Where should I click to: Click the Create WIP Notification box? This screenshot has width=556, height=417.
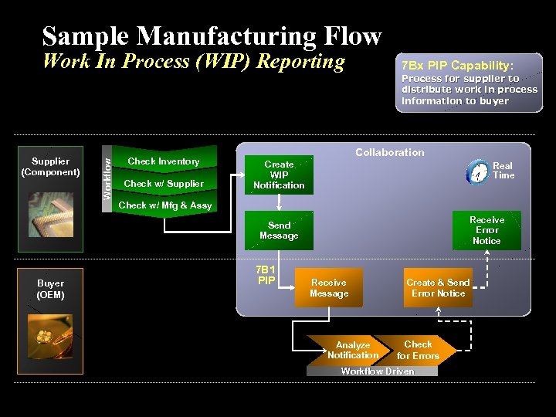[279, 175]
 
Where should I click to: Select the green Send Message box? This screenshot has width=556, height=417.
[279, 231]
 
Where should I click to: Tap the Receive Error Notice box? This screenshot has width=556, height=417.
[486, 230]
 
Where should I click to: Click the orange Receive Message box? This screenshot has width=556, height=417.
[329, 288]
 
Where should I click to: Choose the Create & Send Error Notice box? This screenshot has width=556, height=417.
[438, 288]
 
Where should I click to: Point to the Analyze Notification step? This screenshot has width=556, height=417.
[352, 351]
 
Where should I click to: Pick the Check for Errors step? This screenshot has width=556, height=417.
[418, 350]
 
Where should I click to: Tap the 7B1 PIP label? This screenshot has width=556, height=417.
[266, 275]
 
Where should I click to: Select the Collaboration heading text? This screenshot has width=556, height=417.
[389, 152]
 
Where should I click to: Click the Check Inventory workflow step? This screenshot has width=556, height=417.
[163, 161]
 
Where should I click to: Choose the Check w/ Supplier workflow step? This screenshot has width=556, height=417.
[164, 184]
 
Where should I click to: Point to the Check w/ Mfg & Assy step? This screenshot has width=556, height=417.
[164, 205]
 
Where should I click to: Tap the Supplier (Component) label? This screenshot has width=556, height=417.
[51, 167]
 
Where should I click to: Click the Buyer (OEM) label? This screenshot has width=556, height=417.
[51, 289]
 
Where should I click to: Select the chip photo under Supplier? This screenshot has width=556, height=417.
[51, 214]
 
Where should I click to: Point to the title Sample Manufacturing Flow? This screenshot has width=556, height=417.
[212, 36]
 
